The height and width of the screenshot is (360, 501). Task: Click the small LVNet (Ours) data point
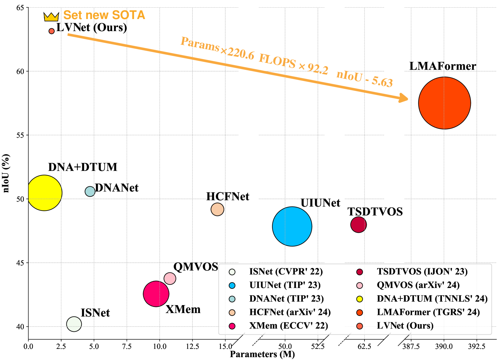pos(51,31)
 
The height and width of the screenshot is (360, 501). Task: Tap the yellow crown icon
pos(51,17)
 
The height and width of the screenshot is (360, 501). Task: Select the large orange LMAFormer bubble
pos(444,103)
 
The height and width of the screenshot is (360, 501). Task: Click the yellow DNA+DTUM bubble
pos(44,193)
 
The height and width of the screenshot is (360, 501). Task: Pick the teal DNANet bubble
pos(90,191)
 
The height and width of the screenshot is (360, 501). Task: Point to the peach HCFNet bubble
pos(217,209)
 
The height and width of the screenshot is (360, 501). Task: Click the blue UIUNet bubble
pos(292,226)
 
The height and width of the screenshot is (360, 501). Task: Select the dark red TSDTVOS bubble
pos(358,225)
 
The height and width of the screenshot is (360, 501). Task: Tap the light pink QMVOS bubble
pos(170,278)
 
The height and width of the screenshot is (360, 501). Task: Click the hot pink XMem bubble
pos(156,294)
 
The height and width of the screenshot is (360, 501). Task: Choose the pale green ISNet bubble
pos(74,324)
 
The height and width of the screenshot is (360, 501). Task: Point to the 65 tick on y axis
pos(20,8)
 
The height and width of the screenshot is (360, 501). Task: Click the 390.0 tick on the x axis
pos(444,346)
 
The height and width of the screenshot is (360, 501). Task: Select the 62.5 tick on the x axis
pos(364,346)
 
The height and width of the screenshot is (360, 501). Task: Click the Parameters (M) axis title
pos(262,354)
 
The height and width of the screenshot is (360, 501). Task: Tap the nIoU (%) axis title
pos(6,173)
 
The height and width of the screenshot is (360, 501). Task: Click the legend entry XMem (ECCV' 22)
pos(288,326)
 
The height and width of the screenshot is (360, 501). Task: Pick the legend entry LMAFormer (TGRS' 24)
pos(428,312)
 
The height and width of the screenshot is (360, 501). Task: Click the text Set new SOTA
pos(104,15)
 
